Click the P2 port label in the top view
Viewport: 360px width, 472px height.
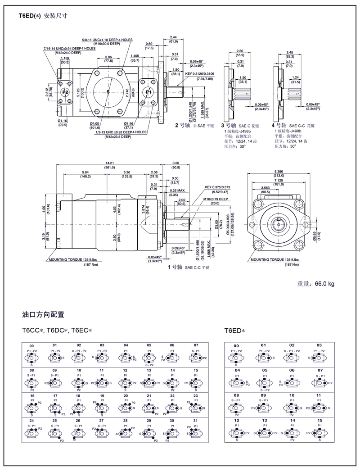(x=65, y=92)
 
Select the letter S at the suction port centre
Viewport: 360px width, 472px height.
(x=108, y=92)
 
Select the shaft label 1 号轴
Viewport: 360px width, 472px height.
(x=175, y=267)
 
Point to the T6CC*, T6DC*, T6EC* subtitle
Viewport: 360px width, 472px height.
(x=57, y=331)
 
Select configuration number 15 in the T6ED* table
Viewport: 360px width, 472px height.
(x=319, y=420)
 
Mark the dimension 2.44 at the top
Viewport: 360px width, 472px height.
(x=173, y=36)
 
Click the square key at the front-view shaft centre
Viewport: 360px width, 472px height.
(x=279, y=219)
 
